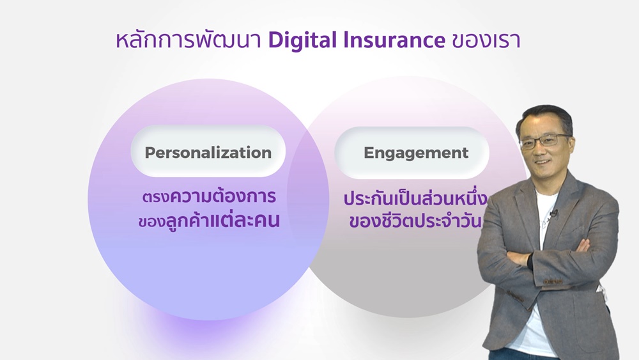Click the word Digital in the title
tap(303, 41)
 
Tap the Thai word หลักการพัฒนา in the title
tap(189, 40)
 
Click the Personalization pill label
tap(208, 152)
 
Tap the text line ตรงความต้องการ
tap(210, 196)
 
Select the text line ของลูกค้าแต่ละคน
tap(209, 220)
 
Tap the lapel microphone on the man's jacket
tap(553, 213)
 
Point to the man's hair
tap(545, 118)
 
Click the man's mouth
tap(543, 162)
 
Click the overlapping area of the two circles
tap(308, 196)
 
